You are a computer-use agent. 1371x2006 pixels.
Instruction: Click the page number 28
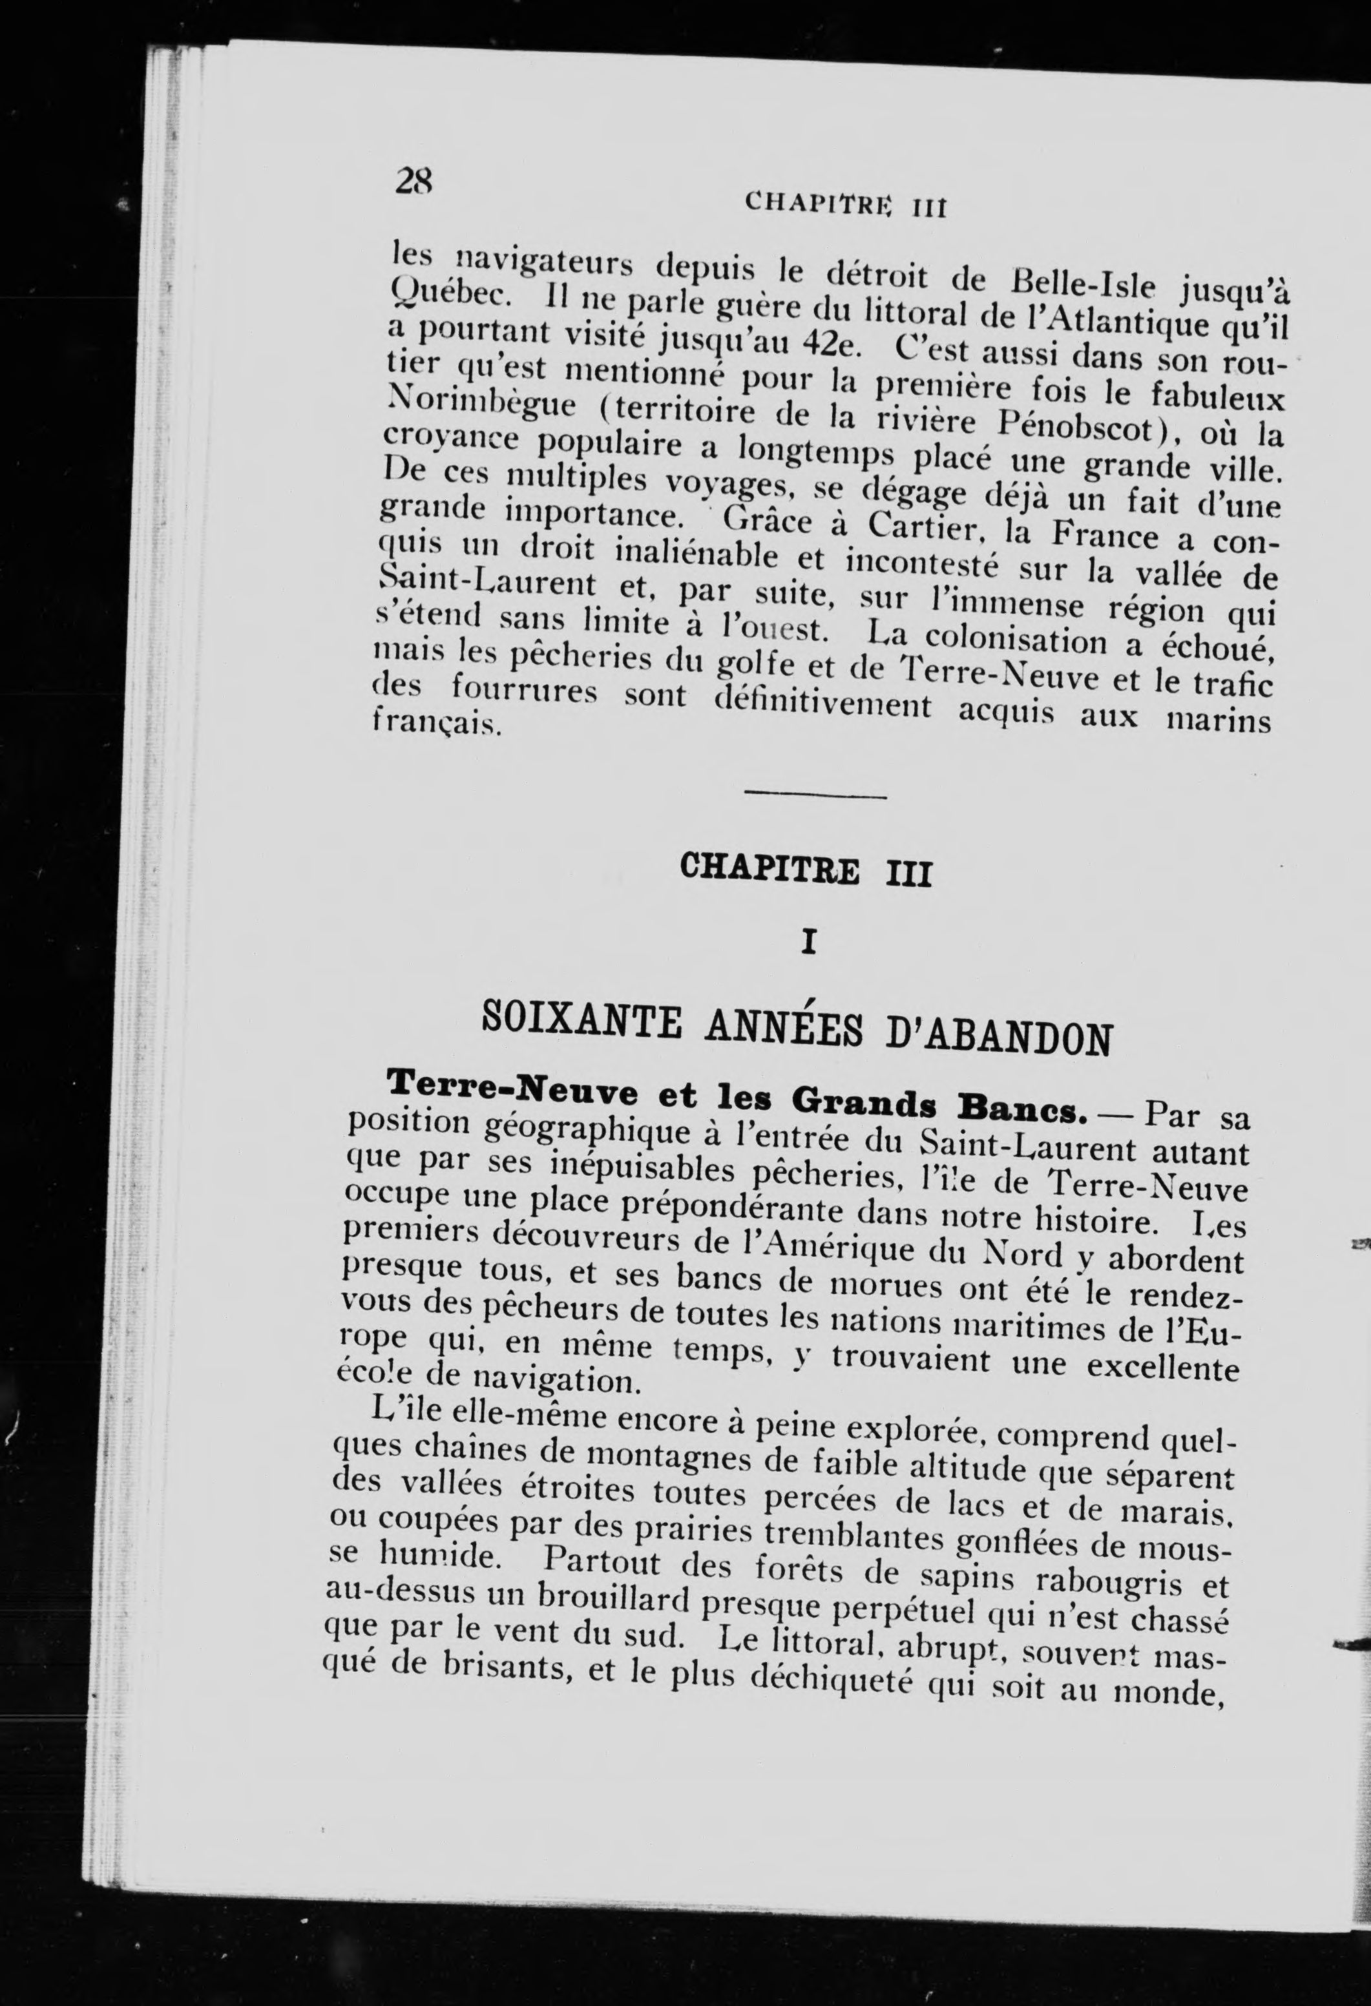(x=413, y=182)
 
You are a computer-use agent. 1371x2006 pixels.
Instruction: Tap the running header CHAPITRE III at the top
(x=835, y=205)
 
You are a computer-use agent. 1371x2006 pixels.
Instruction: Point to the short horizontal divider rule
(x=815, y=794)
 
